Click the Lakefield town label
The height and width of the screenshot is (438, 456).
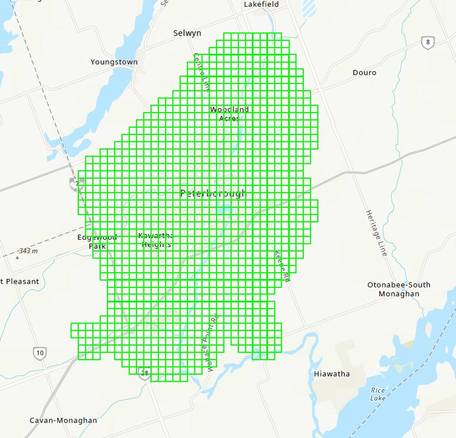tap(261, 4)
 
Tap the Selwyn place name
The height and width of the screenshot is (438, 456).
tap(187, 34)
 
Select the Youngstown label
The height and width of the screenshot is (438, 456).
tap(114, 62)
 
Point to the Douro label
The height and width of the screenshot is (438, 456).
tap(364, 73)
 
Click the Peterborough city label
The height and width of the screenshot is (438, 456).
tap(213, 194)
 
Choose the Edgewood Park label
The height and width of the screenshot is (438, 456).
tap(97, 241)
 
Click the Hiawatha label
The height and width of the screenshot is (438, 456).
tap(332, 374)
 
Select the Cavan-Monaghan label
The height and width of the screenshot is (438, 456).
tap(63, 421)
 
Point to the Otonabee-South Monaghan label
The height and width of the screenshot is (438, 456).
tap(399, 289)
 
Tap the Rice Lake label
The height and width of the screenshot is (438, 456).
tap(378, 394)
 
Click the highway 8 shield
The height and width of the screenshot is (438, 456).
tap(428, 43)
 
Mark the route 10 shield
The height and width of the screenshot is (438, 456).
tap(39, 353)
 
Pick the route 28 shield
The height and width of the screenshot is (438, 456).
tap(145, 373)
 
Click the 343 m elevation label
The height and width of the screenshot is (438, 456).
tap(27, 251)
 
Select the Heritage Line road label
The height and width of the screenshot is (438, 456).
tap(377, 233)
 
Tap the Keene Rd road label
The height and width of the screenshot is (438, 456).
tap(283, 266)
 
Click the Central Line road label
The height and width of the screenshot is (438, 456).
tap(201, 72)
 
